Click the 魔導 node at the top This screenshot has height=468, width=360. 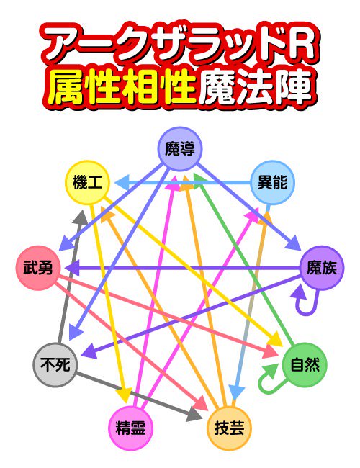tap(180, 148)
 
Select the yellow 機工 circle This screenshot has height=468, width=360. tap(87, 182)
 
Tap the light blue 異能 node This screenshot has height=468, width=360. tap(272, 182)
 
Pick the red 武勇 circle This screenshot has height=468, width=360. tap(38, 268)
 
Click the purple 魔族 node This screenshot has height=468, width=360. tap(322, 268)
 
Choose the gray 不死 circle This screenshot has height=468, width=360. tap(55, 365)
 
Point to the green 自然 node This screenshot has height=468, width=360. tap(305, 365)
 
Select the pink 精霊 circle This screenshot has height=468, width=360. tap(131, 428)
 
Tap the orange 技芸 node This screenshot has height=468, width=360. tap(229, 428)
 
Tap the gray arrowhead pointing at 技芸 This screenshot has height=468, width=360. tap(194, 414)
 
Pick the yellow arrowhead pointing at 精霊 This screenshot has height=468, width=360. tap(125, 395)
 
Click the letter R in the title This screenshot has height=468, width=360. tap(300, 45)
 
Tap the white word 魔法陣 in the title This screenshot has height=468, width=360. tap(255, 87)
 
